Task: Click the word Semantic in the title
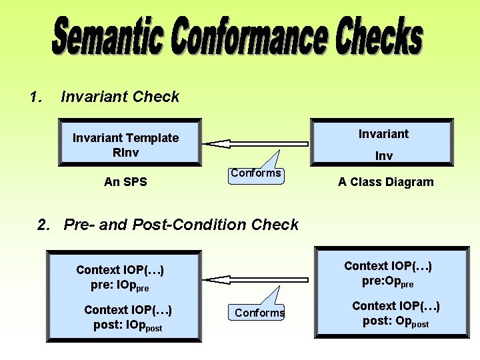(x=107, y=37)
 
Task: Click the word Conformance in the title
(x=249, y=37)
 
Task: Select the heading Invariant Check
(x=120, y=97)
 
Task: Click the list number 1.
(x=35, y=97)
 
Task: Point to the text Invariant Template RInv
(x=125, y=145)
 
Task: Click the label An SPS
(x=125, y=181)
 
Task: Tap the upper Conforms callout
(x=256, y=173)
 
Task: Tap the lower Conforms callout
(x=259, y=313)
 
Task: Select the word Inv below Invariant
(x=383, y=156)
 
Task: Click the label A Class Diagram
(x=385, y=182)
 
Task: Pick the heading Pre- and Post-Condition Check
(x=181, y=225)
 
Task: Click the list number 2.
(x=44, y=225)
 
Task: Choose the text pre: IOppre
(x=120, y=286)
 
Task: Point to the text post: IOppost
(x=128, y=326)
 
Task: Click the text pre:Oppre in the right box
(x=388, y=282)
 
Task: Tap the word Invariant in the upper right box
(x=383, y=134)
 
